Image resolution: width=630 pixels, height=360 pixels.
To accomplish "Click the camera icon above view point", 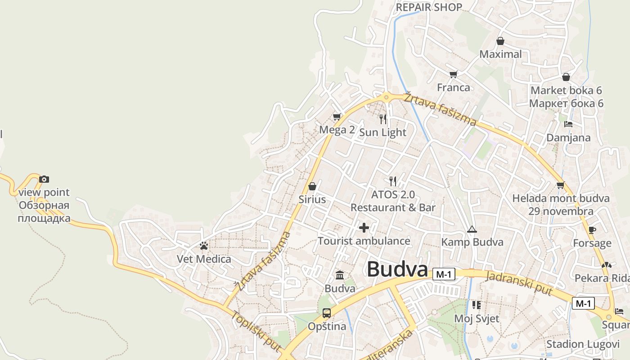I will pyautogui.click(x=44, y=179).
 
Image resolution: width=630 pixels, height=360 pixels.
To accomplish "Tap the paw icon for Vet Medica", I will pyautogui.click(x=204, y=246).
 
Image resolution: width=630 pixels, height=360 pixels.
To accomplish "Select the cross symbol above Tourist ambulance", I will pyautogui.click(x=364, y=228).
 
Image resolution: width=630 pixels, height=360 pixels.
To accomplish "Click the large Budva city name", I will pyautogui.click(x=397, y=269).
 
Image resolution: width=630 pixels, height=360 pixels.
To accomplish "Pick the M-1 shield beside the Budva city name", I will pyautogui.click(x=444, y=274).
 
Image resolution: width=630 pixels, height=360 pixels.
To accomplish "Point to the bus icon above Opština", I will pyautogui.click(x=327, y=313).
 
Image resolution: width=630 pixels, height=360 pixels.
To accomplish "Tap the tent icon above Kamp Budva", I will pyautogui.click(x=472, y=229).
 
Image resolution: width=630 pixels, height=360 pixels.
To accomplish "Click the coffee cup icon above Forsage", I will pyautogui.click(x=592, y=230).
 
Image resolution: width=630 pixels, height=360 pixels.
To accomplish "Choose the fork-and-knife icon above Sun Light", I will pyautogui.click(x=383, y=119).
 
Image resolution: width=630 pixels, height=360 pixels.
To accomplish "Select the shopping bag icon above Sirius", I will pyautogui.click(x=312, y=186).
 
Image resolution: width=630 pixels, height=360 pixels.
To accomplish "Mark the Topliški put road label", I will pyautogui.click(x=256, y=331).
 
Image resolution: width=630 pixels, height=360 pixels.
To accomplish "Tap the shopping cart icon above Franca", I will pyautogui.click(x=453, y=74).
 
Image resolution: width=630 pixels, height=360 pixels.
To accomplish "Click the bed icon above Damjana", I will pyautogui.click(x=568, y=124).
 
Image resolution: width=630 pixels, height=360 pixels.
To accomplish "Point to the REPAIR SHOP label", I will pyautogui.click(x=429, y=7).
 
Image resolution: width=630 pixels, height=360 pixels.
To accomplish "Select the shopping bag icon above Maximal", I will pyautogui.click(x=500, y=41).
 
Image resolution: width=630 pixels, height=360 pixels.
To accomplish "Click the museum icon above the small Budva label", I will pyautogui.click(x=340, y=275).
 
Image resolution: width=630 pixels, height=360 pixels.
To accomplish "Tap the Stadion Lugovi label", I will pyautogui.click(x=583, y=344).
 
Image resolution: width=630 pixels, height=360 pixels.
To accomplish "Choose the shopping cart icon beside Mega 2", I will pyautogui.click(x=337, y=117).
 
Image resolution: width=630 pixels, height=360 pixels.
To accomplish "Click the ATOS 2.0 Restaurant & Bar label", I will pyautogui.click(x=393, y=201).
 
